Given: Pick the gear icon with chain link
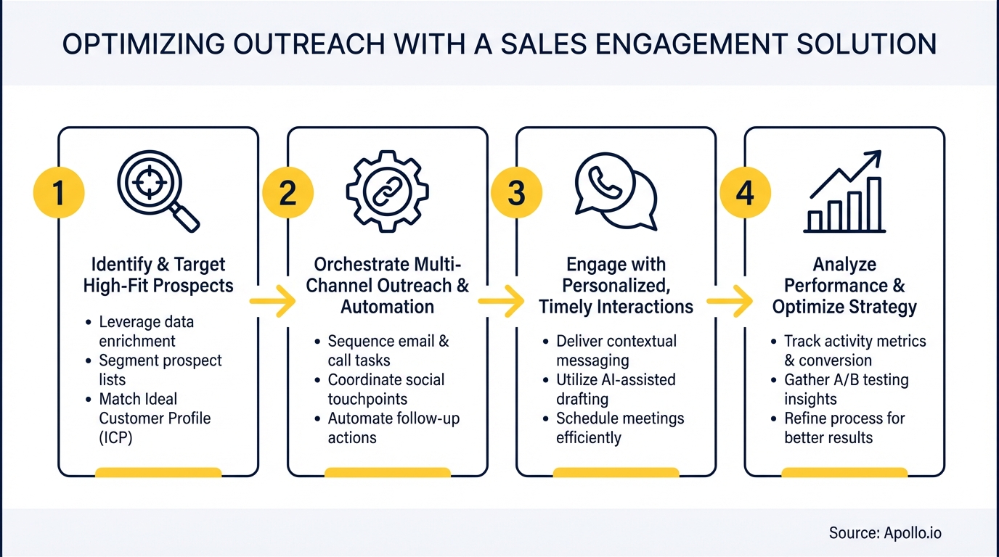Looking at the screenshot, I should coord(387,191).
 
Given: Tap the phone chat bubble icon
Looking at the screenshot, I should coord(615,191).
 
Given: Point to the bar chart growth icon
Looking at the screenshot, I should coord(844,192).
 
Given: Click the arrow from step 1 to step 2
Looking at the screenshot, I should coord(272,302).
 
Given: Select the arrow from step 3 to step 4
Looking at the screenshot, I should coord(730,302).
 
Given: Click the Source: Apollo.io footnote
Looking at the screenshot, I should coord(885,533).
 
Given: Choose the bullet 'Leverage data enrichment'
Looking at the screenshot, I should coord(147,331).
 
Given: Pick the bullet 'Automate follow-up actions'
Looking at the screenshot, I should coord(393,428).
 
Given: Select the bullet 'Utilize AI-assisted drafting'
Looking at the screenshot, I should coord(616,389).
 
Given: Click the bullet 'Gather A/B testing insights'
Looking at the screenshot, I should coord(846,389).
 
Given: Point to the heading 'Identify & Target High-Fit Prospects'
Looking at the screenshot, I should coord(158,275).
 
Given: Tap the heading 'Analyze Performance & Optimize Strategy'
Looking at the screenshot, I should coord(844,286).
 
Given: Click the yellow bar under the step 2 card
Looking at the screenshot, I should coord(387,473).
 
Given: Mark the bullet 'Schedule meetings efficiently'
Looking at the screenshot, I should coord(619,428).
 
